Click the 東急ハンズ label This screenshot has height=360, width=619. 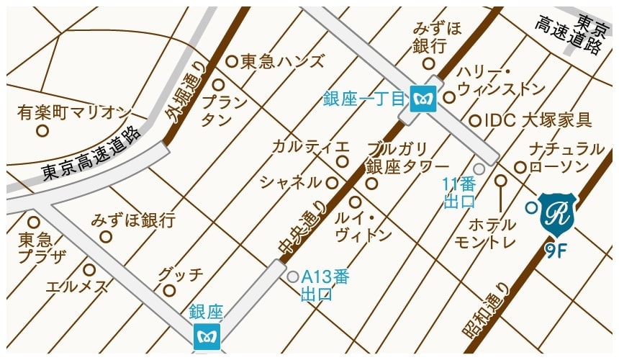pyautogui.click(x=282, y=62)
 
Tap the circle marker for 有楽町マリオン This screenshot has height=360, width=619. pyautogui.click(x=42, y=131)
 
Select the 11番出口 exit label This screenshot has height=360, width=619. pyautogui.click(x=459, y=192)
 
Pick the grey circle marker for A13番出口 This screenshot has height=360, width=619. pyautogui.click(x=293, y=276)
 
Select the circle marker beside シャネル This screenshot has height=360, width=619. pyautogui.click(x=333, y=183)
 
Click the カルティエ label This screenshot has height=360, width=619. pyautogui.click(x=310, y=146)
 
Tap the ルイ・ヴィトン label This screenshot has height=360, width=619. pyautogui.click(x=363, y=226)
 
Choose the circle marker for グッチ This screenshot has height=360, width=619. pyautogui.click(x=169, y=291)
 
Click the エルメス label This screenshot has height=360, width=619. pyautogui.click(x=78, y=287)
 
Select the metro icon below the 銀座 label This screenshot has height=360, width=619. pyautogui.click(x=207, y=336)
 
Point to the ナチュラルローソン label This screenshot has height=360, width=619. pyautogui.click(x=566, y=158)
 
